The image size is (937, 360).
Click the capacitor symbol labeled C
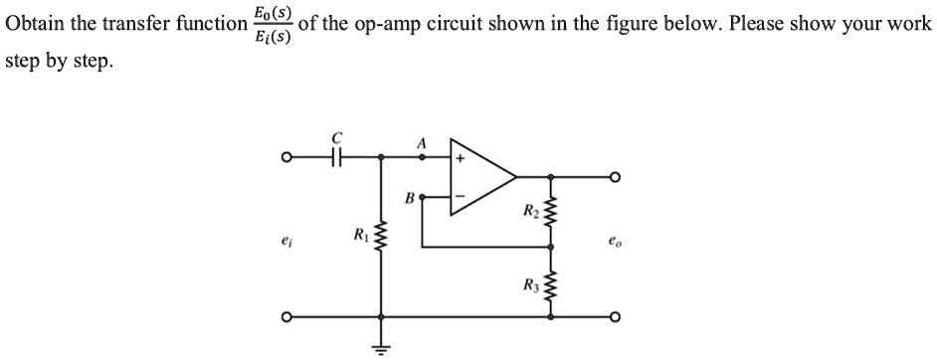click(338, 156)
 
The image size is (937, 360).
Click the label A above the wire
click(421, 142)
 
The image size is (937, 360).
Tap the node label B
click(409, 197)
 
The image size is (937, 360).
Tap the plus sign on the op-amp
click(461, 157)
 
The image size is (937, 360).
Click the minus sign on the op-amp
click(460, 197)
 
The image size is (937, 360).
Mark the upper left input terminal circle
click(285, 156)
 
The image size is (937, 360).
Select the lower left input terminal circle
click(285, 318)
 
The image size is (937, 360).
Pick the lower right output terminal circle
click(616, 318)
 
